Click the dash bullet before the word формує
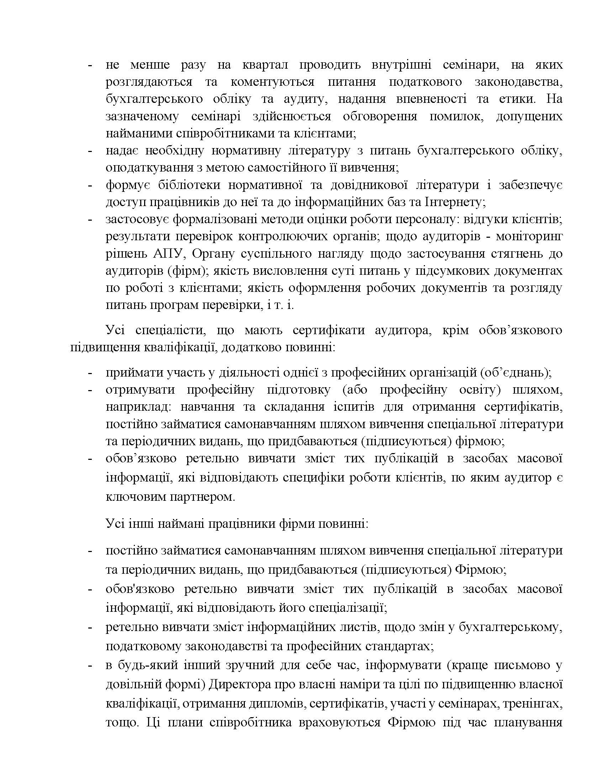click(x=90, y=186)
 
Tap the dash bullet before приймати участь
click(x=90, y=374)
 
